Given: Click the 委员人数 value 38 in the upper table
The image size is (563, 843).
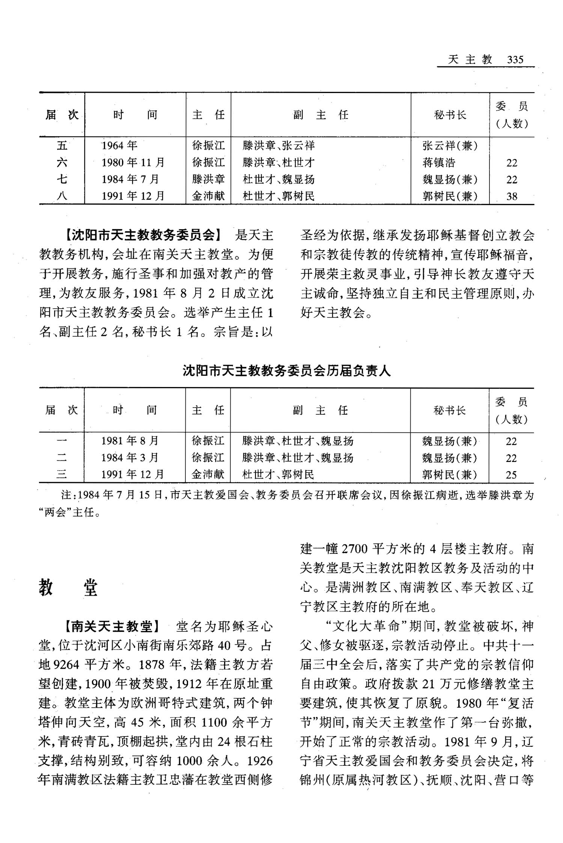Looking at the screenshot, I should (x=512, y=196).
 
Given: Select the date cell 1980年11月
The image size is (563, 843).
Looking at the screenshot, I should (x=133, y=162).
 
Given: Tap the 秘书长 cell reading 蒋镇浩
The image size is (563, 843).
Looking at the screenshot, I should (x=439, y=162).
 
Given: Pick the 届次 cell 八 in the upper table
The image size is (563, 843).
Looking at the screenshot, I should (x=62, y=196).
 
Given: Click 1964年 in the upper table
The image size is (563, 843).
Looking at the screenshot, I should (x=120, y=145).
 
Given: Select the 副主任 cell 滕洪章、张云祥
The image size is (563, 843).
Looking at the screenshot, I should (x=278, y=145).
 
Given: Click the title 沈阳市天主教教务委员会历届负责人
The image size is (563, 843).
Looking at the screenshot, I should (x=287, y=371).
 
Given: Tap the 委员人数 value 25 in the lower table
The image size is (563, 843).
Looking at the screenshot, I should (x=511, y=475).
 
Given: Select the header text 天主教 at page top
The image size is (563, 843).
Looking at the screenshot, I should (x=470, y=60).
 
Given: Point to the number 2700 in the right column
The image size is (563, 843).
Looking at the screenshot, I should (x=355, y=549).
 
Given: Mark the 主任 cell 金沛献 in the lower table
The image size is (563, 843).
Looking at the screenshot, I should (x=208, y=475).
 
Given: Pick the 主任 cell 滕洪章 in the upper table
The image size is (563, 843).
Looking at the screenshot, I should (x=208, y=179).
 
